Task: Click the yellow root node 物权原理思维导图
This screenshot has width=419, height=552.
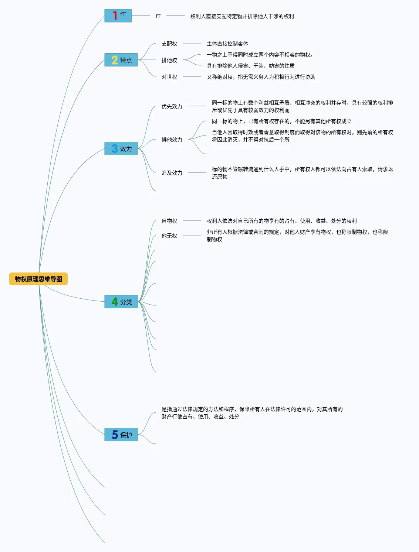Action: pos(38,279)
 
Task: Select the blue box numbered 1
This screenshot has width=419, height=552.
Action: pos(118,16)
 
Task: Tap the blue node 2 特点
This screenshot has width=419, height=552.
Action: pos(121,60)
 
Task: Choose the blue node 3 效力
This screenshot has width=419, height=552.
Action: pos(121,148)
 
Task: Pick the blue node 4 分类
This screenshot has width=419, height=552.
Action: pos(121,302)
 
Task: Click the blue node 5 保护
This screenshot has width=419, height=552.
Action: pos(121,435)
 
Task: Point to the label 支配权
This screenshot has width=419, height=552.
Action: pos(169,44)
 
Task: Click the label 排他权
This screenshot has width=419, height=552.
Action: pos(169,60)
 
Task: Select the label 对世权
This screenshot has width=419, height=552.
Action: pos(169,77)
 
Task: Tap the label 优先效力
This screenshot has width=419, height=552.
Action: pos(172,106)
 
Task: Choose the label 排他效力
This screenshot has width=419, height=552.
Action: pos(172,140)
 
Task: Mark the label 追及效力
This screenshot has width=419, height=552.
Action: pos(172,173)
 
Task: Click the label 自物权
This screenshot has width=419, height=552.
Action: pos(169,221)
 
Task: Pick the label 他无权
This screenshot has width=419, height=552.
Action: pos(169,236)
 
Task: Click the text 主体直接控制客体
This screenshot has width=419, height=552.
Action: pos(227,44)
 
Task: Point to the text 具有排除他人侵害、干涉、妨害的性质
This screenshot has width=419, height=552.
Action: pos(251,66)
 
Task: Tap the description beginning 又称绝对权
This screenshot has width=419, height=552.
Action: pos(261,77)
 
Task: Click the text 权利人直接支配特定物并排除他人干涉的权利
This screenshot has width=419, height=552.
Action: pos(242,16)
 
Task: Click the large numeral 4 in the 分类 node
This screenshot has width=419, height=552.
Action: pos(115,302)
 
